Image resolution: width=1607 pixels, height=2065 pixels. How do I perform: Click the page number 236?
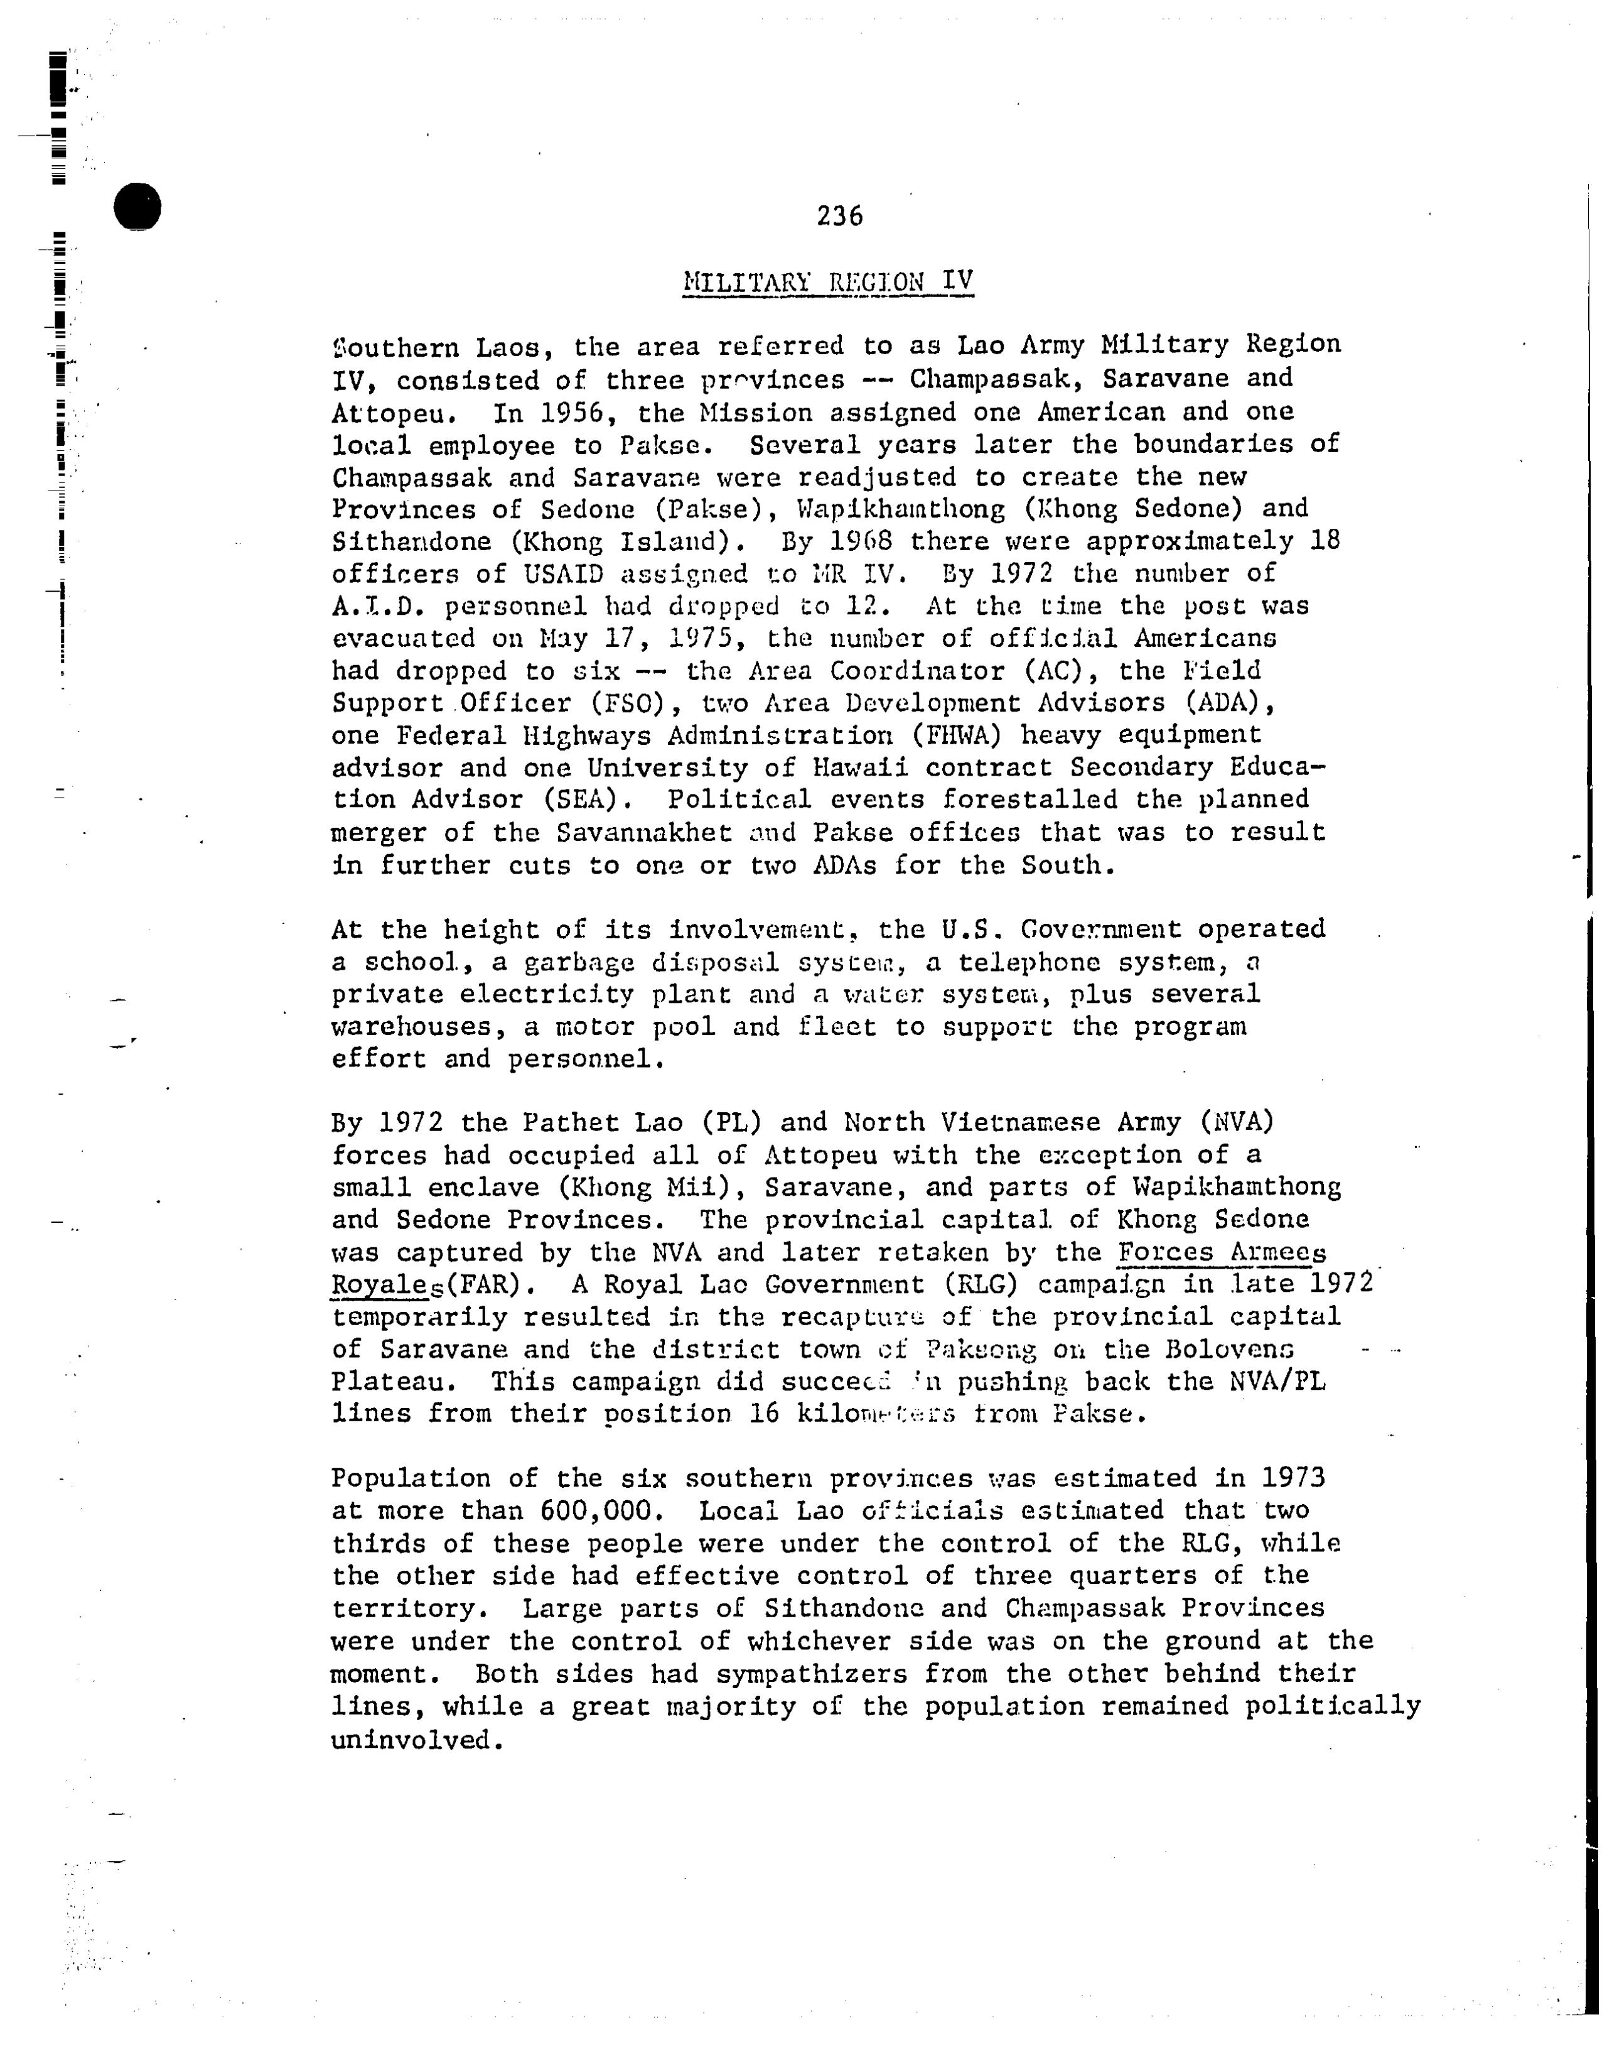point(839,217)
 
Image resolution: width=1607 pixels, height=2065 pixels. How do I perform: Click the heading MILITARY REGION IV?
point(827,282)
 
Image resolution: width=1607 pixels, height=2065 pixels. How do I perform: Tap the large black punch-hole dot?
point(137,205)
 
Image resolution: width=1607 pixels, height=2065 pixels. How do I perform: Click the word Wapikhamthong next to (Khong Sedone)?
point(901,509)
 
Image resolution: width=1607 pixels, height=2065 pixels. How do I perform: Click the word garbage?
point(579,963)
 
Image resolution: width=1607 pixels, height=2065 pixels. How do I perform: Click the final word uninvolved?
point(412,1740)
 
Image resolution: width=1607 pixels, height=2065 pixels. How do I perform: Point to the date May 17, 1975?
point(642,638)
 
